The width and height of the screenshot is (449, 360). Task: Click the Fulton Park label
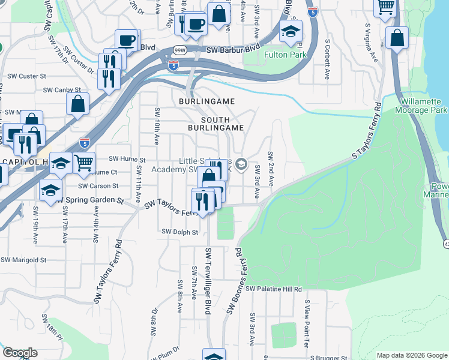(x=286, y=55)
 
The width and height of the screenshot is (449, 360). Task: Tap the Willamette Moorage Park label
(x=421, y=106)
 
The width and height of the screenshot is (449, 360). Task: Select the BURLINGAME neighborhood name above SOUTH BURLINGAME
(x=206, y=102)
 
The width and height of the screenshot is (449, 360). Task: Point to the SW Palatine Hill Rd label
(x=273, y=289)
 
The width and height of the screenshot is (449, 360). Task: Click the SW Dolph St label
(x=179, y=232)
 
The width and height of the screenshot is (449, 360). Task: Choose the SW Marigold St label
(x=23, y=260)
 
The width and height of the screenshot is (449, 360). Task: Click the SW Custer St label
(x=26, y=76)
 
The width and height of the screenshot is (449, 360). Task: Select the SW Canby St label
(x=62, y=89)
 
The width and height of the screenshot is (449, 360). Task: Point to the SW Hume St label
(x=127, y=160)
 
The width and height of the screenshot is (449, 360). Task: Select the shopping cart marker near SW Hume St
(x=84, y=163)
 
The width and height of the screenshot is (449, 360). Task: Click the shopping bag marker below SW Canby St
(x=78, y=105)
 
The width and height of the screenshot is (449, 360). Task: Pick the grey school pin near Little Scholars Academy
(x=241, y=164)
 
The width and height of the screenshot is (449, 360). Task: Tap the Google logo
(x=20, y=353)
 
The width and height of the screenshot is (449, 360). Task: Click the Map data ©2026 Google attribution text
(x=411, y=355)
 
